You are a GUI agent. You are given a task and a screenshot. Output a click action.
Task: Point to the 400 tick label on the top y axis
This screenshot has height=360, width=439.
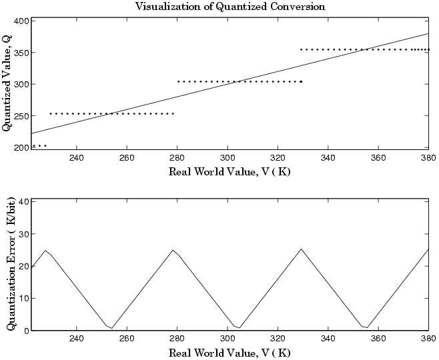21,21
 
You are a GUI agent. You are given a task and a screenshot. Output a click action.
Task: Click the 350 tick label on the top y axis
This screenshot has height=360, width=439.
21,52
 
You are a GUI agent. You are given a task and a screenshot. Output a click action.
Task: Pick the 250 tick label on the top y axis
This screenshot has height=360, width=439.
21,116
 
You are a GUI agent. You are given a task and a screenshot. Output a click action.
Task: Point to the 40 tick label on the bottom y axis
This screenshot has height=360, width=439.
23,201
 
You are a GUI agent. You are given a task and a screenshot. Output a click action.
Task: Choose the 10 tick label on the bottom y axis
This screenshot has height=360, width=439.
23,298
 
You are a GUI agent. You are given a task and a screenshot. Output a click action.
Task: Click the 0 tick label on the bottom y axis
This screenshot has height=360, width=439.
25,330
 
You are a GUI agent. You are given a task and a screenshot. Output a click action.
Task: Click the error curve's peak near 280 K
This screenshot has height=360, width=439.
173,250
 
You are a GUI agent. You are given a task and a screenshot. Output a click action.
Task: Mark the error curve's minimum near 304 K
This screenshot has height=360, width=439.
239,328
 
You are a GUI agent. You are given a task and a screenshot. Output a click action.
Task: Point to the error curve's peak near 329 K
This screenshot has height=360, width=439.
301,249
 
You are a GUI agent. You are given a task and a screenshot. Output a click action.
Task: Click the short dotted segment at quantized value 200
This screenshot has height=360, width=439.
39,145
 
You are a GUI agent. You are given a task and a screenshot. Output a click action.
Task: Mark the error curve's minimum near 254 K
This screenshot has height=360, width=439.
112,328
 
